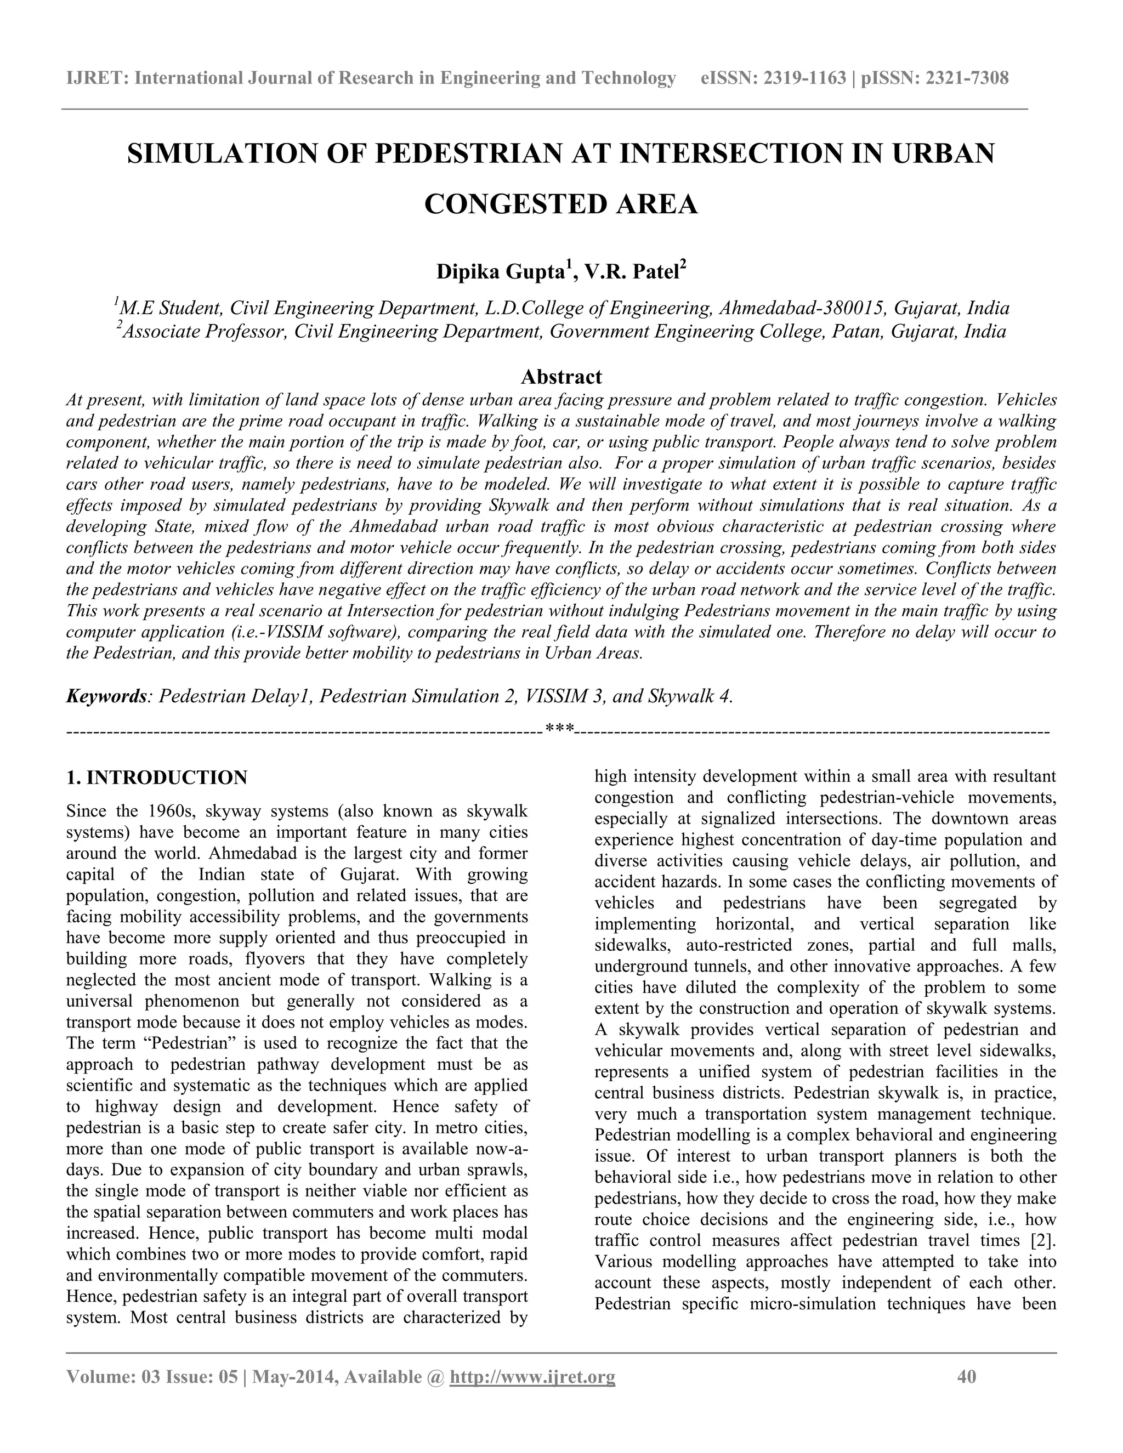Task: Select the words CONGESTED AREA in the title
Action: pos(561,205)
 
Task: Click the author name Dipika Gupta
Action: pos(500,272)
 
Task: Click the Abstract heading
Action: pos(561,377)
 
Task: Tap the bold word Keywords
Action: pos(106,696)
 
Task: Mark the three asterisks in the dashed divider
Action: pos(559,730)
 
